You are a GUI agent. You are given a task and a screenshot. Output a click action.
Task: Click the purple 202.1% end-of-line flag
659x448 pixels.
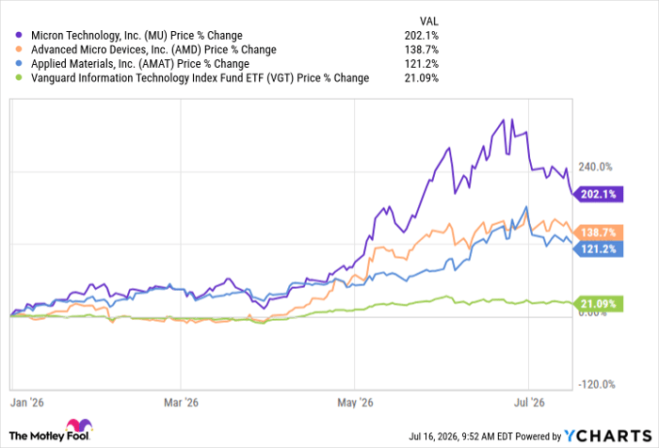[599, 194]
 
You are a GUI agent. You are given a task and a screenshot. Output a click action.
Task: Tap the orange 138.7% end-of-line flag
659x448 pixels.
[599, 232]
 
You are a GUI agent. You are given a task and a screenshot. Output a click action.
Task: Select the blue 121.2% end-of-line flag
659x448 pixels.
[599, 248]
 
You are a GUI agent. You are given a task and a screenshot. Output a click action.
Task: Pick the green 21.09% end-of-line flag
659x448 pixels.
[599, 303]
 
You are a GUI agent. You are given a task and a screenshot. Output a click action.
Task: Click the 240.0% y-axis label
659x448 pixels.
[595, 167]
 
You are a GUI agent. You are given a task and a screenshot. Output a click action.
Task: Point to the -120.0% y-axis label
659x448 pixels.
[597, 384]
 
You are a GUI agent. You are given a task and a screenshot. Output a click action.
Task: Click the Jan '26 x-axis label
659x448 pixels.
[27, 403]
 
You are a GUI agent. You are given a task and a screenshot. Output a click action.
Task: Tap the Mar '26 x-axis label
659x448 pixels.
[181, 403]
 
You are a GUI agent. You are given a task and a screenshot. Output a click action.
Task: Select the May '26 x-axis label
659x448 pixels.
[355, 403]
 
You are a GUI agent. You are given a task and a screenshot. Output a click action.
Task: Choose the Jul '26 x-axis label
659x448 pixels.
[529, 403]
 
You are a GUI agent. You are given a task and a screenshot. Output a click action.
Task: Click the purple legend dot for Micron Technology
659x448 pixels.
[19, 35]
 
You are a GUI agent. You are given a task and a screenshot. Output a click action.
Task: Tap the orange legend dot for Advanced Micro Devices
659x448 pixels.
[19, 49]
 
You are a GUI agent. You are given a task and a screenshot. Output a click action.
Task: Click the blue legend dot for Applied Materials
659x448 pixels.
[19, 63]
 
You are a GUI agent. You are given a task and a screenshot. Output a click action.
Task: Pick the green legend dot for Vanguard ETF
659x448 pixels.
[19, 78]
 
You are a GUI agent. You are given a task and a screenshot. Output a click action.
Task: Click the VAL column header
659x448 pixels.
[428, 21]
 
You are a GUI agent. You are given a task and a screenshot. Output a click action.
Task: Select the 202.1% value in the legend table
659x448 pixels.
[422, 36]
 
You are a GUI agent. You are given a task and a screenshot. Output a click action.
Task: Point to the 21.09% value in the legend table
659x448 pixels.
[422, 78]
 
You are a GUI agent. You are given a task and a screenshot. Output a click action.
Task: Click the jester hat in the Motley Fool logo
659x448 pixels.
[79, 425]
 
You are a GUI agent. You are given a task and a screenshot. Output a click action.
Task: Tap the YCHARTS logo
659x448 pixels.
[608, 436]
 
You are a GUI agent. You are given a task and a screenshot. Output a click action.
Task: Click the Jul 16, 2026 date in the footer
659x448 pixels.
[433, 437]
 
